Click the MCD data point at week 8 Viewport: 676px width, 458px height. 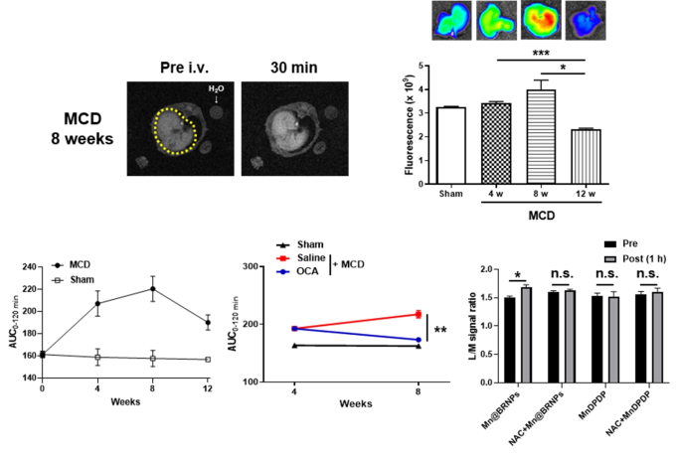pyautogui.click(x=153, y=289)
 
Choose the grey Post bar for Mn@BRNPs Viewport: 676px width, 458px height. pyautogui.click(x=525, y=333)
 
